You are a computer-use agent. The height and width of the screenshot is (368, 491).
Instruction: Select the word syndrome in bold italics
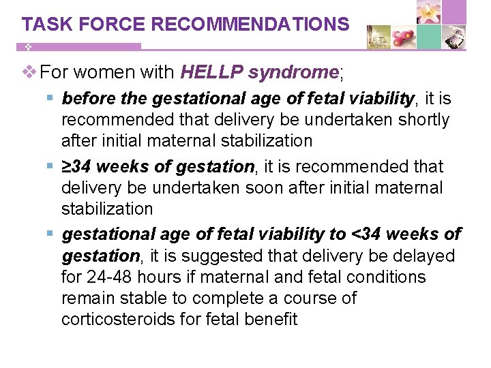(294, 72)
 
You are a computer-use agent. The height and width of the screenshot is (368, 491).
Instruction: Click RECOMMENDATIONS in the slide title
(250, 25)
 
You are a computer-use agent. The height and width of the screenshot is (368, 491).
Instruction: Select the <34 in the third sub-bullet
(367, 234)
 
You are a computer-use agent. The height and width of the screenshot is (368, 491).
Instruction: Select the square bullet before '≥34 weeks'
(52, 167)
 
